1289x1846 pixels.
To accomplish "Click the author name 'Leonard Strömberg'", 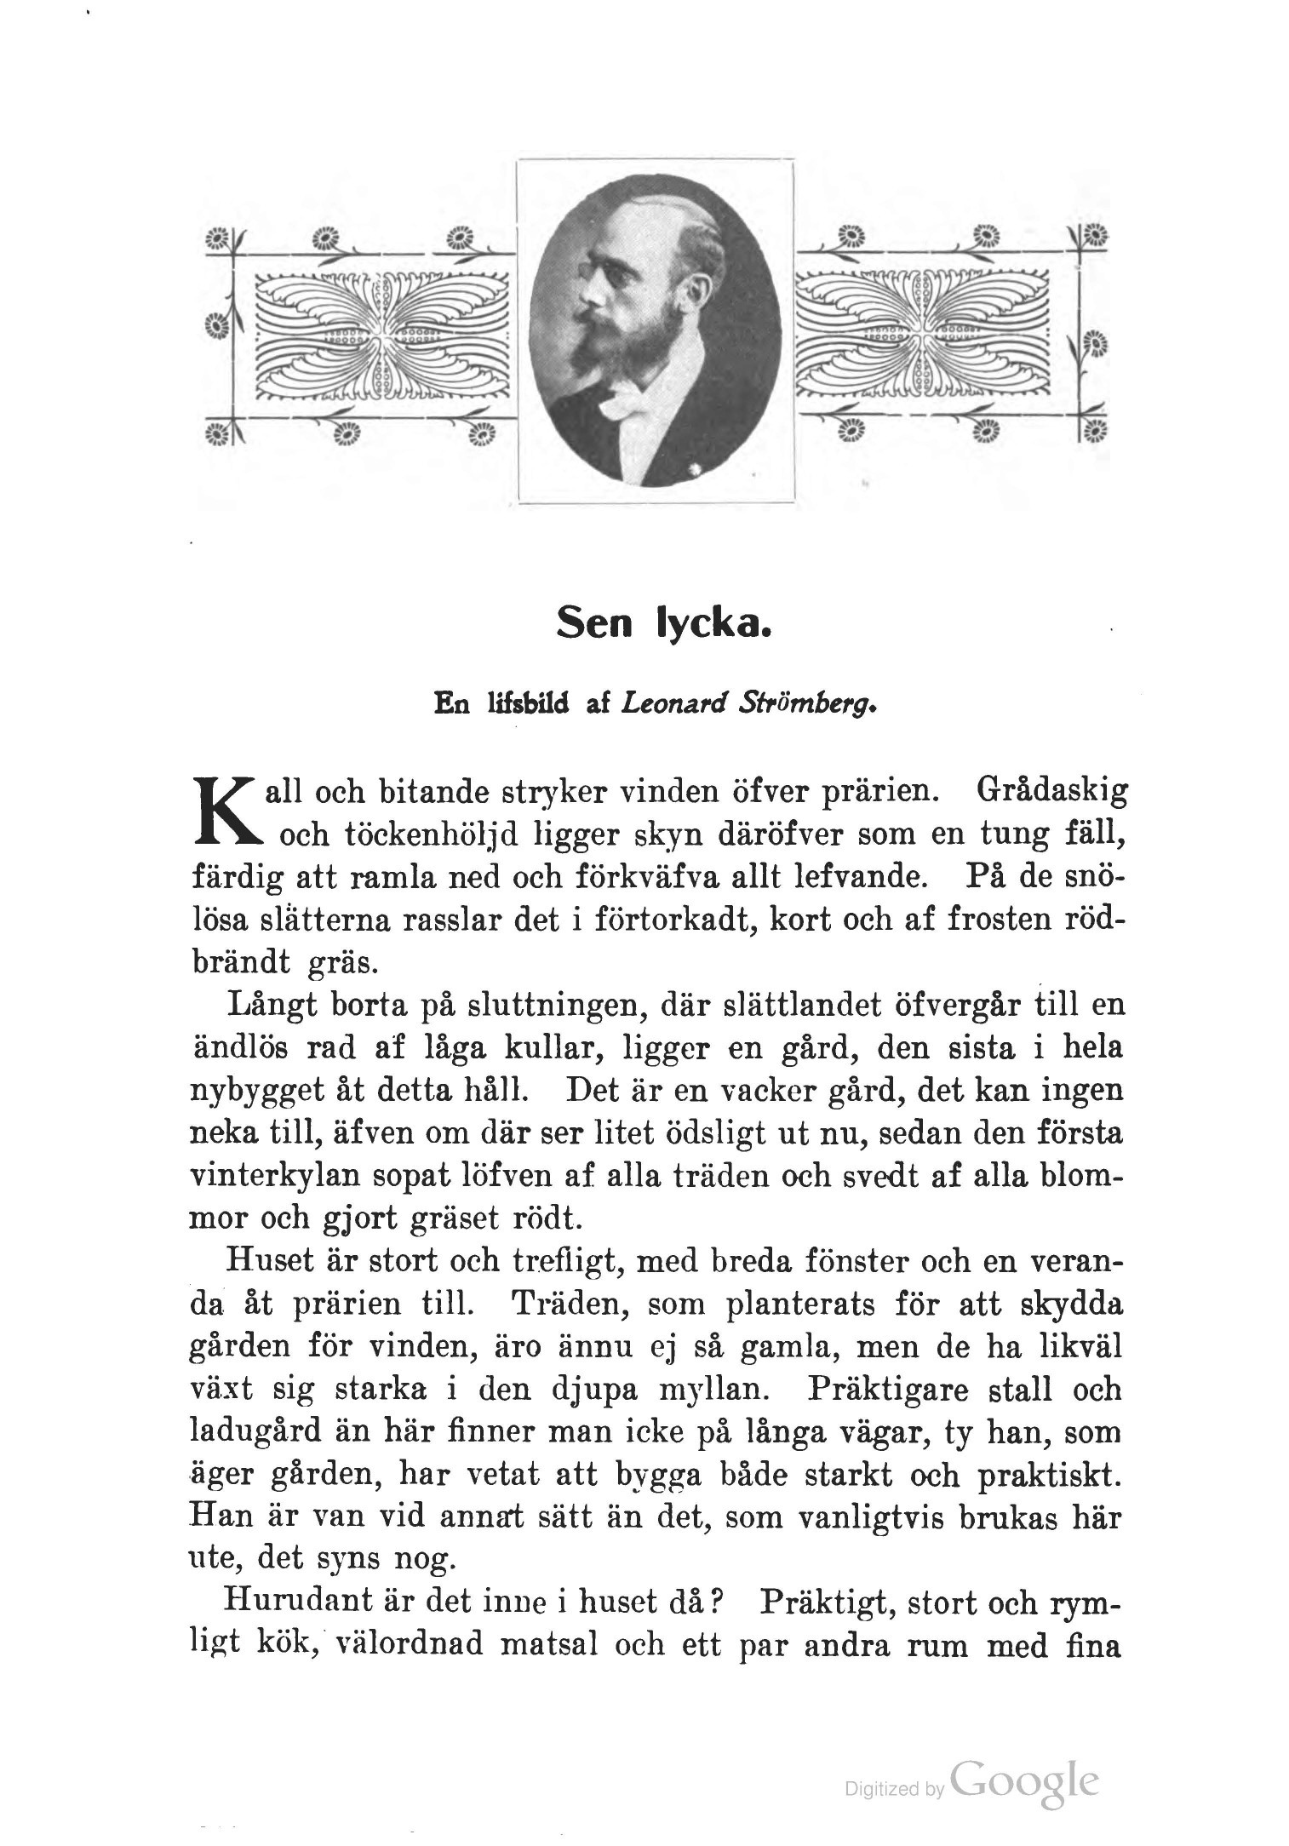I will pos(748,705).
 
